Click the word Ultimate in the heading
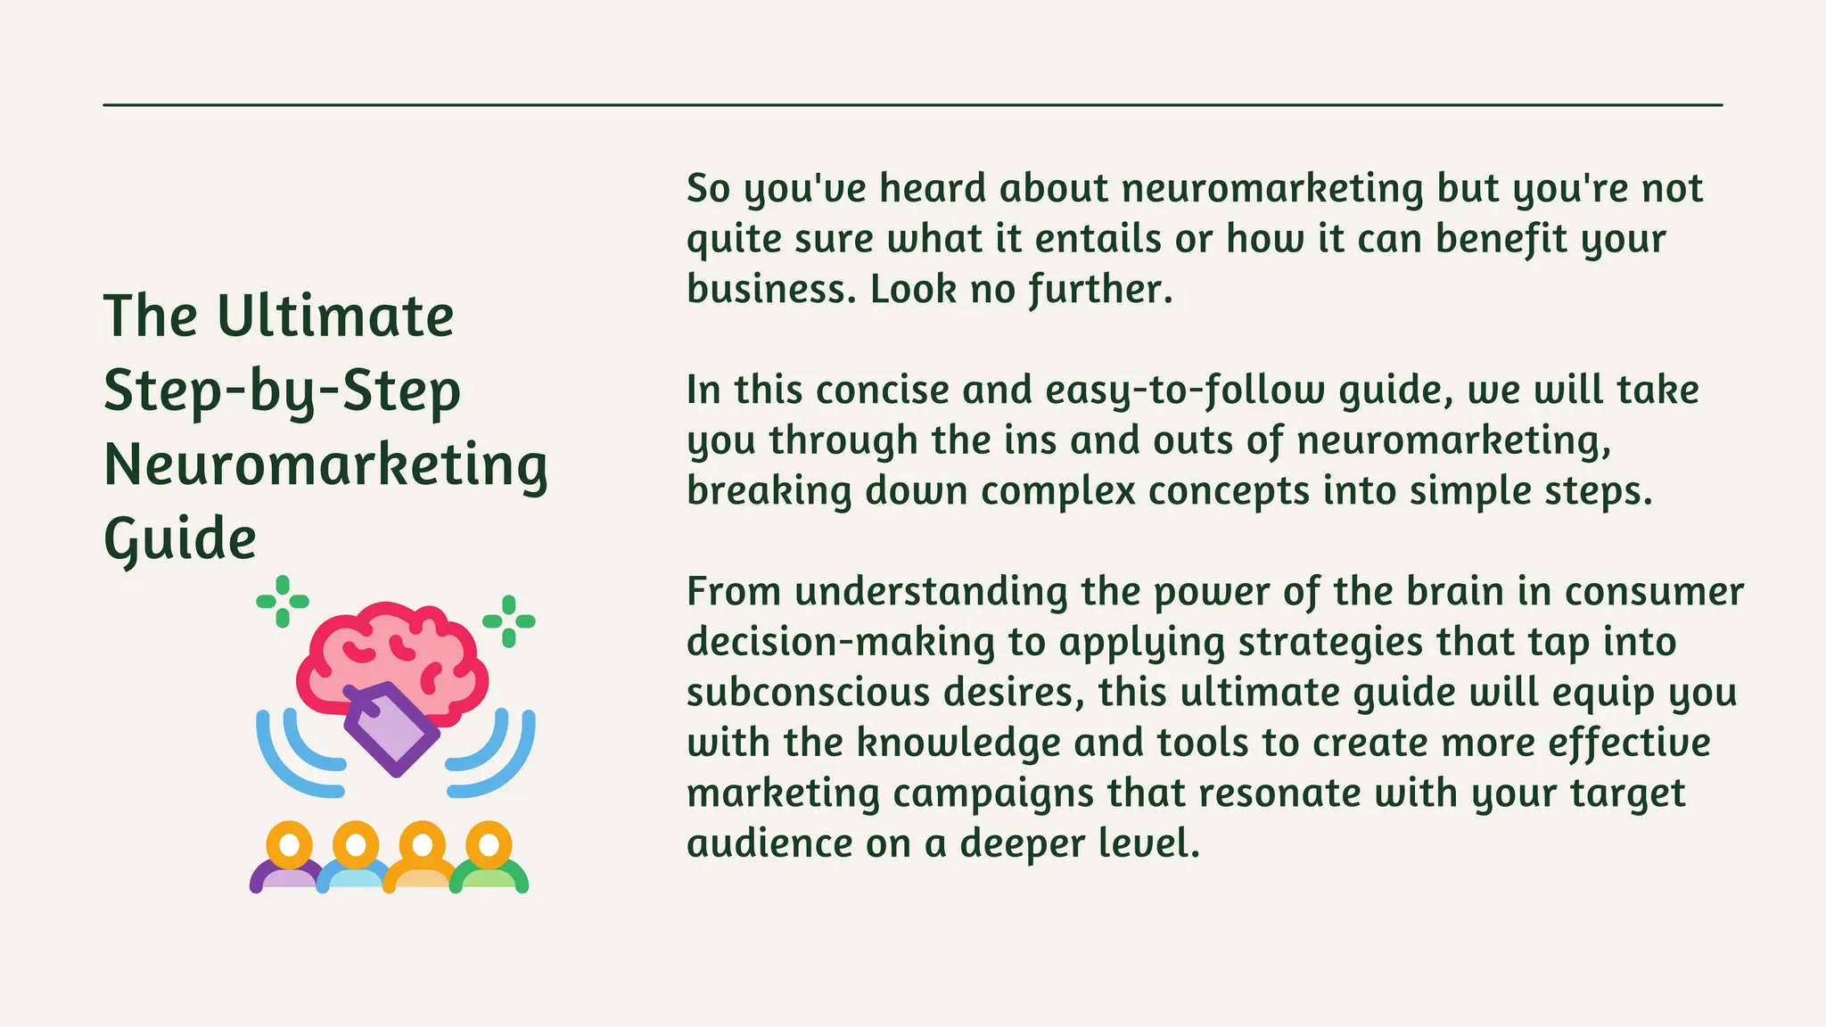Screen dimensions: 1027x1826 tap(335, 316)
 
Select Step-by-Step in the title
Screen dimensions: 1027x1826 tap(282, 391)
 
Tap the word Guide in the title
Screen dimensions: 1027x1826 tap(180, 540)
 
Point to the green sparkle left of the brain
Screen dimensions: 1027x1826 tap(283, 602)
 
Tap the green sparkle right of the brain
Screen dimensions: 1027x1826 tap(509, 621)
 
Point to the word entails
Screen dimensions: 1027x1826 tap(1098, 239)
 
